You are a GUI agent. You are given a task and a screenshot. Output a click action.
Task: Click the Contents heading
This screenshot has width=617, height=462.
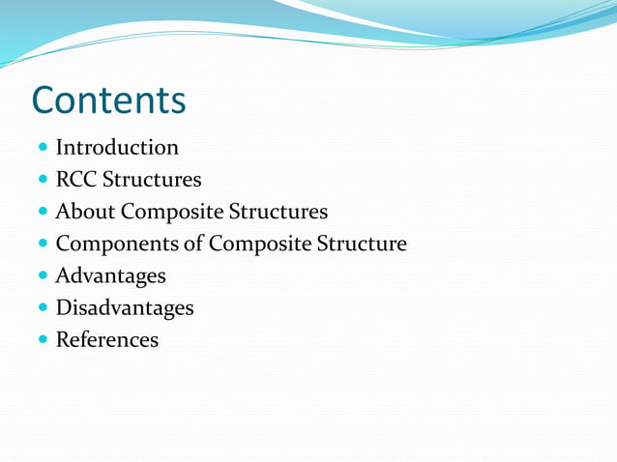coord(108,101)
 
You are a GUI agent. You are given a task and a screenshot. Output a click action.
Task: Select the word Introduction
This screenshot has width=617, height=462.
coord(117,148)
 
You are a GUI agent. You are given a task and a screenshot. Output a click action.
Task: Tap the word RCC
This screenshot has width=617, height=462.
coord(75,180)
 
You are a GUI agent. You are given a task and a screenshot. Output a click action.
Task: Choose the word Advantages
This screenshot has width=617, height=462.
coord(110,275)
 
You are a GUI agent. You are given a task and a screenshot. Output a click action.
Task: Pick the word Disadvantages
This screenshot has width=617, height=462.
coord(125,308)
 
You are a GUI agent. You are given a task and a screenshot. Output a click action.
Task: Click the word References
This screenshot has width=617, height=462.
coord(107,340)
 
